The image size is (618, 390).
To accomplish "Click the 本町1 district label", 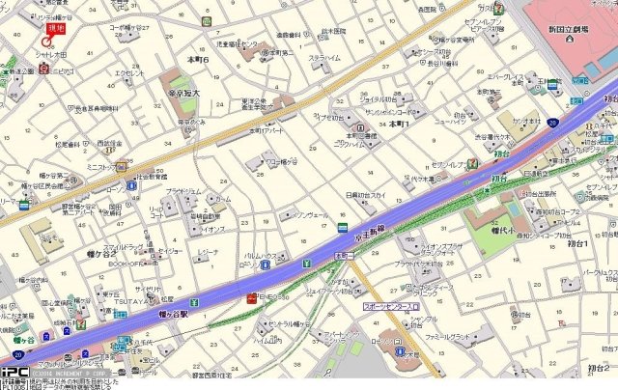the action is pyautogui.click(x=401, y=125).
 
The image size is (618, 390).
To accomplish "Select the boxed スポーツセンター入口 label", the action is pyautogui.click(x=391, y=306).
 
